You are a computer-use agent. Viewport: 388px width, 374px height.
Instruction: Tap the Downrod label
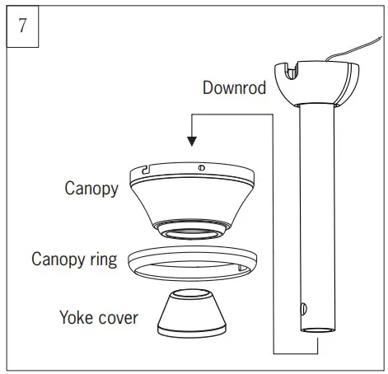234,87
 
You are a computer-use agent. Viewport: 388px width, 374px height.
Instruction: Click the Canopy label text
91,188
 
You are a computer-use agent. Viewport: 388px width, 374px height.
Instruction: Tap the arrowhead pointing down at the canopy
192,142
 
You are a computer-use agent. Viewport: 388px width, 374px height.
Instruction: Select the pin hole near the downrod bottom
302,308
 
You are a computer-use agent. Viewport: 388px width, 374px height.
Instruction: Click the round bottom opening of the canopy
192,227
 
